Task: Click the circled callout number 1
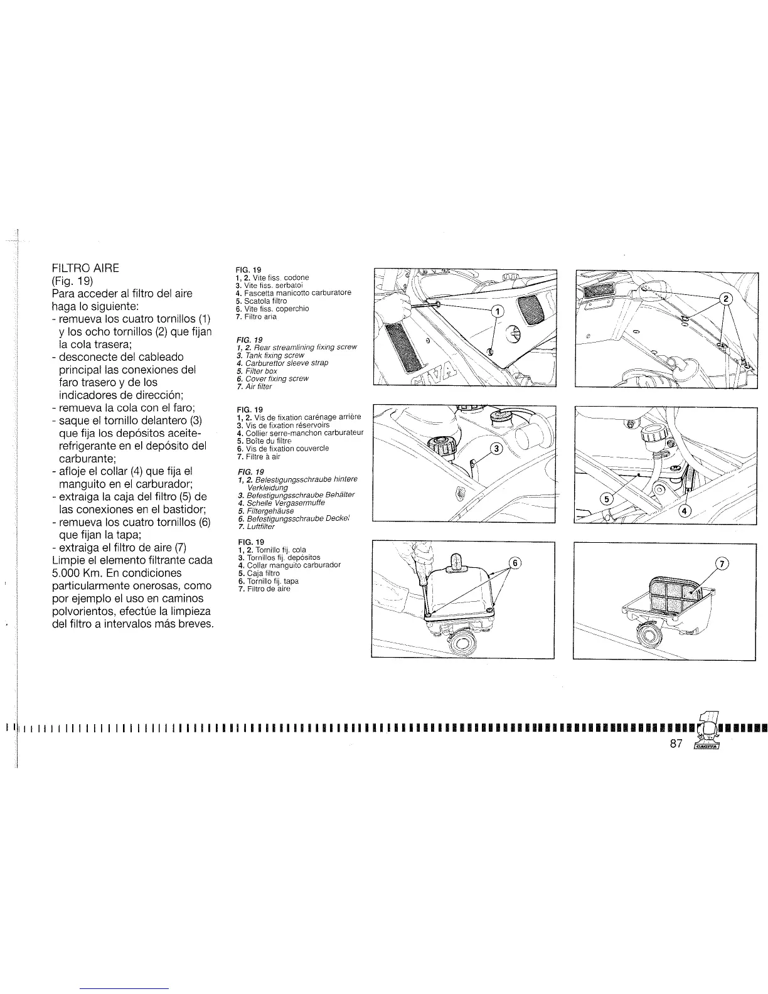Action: click(496, 311)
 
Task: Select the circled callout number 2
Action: click(726, 299)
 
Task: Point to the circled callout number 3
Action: click(496, 449)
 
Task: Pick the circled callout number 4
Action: click(685, 511)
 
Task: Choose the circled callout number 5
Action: click(606, 500)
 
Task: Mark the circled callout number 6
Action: click(514, 563)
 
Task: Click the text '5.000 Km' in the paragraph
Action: click(76, 574)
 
